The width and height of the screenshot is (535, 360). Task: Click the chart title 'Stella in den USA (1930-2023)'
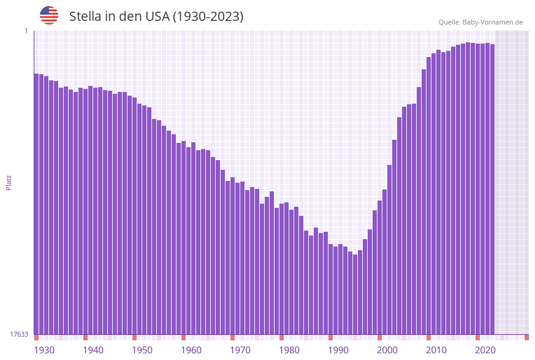point(156,17)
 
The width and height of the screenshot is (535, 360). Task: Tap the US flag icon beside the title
point(49,15)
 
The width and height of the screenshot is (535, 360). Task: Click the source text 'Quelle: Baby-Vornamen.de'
point(480,22)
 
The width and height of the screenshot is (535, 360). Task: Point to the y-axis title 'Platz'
point(9,182)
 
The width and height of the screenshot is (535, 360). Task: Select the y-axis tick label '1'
point(26,31)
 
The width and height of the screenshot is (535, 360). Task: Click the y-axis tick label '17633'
point(19,334)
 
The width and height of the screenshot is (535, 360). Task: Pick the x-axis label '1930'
point(44,350)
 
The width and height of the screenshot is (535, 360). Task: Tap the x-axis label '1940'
point(93,350)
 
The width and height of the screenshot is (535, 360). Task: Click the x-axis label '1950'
point(142,350)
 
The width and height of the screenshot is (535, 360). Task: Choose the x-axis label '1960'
point(191,350)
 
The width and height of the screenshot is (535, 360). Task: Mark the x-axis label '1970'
point(240,350)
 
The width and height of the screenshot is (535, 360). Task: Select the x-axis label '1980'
point(289,350)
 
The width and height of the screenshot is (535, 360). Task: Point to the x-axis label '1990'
point(338,350)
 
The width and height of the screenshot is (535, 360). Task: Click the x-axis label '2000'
point(387,350)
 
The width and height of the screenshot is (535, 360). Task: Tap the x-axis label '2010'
point(436,350)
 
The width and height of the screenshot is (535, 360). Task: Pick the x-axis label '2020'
point(485,350)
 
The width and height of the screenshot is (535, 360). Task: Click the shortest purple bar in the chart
point(355,294)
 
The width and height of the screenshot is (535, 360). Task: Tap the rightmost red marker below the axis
point(526,337)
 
